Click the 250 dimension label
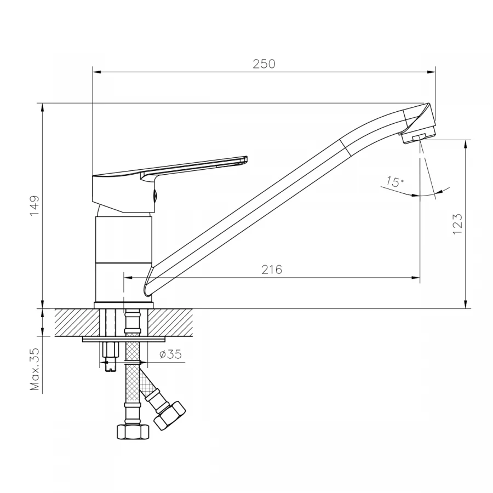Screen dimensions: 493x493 [264, 64]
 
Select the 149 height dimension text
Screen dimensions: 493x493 [35, 205]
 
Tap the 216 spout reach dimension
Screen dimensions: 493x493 [272, 270]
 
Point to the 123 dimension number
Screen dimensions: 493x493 [457, 223]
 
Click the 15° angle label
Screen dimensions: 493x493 [395, 182]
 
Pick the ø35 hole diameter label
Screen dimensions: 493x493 [170, 354]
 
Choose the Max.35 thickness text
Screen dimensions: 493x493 [35, 369]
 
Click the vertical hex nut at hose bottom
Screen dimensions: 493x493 [133, 432]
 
